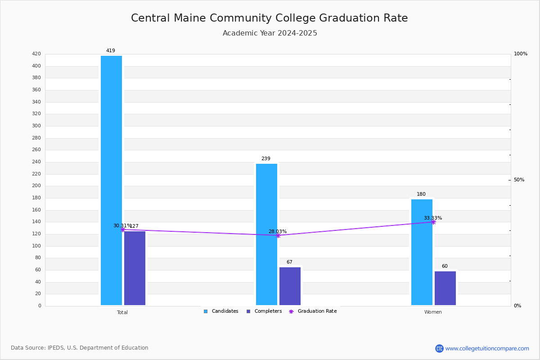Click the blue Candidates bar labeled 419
[x=112, y=180]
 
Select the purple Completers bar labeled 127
[x=135, y=268]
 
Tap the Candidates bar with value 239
[x=266, y=234]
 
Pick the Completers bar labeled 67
[x=290, y=286]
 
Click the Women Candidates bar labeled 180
[x=422, y=252]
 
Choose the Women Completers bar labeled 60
[x=445, y=288]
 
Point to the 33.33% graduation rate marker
[x=433, y=222]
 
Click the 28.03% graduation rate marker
[x=278, y=236]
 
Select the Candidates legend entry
[x=221, y=311]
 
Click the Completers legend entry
[x=264, y=311]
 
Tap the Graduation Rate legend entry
[x=313, y=311]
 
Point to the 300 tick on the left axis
[x=36, y=126]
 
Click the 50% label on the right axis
[x=519, y=180]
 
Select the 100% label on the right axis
[x=521, y=54]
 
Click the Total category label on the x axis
[x=122, y=312]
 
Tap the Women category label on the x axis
[x=433, y=312]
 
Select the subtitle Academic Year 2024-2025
[x=270, y=33]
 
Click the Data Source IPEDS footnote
[x=80, y=348]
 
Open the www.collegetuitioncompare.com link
[x=487, y=348]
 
